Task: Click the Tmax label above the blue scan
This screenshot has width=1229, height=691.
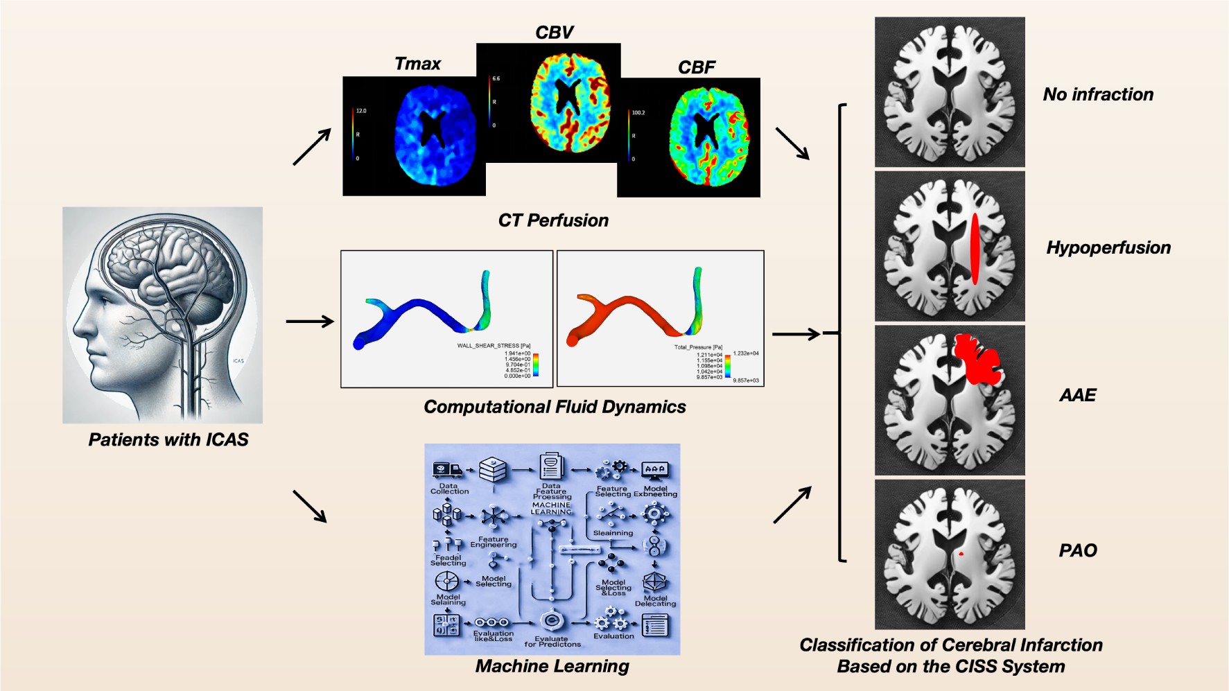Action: [x=417, y=64]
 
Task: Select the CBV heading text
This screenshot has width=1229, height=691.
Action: [x=554, y=33]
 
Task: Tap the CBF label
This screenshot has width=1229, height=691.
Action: [x=696, y=67]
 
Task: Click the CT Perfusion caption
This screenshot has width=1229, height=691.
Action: [x=553, y=220]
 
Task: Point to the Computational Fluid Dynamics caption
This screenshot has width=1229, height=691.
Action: [x=555, y=407]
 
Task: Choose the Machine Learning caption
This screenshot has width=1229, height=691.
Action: [x=552, y=666]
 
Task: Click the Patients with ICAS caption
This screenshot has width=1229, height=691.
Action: [x=168, y=439]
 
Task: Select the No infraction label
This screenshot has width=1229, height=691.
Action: [x=1098, y=94]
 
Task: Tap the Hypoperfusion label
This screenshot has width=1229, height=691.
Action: [x=1108, y=247]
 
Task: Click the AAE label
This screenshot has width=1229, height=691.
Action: [x=1077, y=395]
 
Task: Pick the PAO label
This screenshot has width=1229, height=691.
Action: [x=1078, y=550]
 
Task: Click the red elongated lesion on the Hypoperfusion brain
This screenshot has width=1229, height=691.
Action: [x=975, y=248]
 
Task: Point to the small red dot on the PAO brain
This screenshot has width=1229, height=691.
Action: [x=961, y=554]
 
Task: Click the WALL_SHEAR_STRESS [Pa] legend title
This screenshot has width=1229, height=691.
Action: [x=494, y=346]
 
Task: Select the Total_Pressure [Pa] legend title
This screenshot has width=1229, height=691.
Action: [x=698, y=347]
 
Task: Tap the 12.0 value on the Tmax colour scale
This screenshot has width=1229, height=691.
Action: [x=361, y=111]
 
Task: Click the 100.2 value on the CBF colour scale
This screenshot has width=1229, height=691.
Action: [x=638, y=112]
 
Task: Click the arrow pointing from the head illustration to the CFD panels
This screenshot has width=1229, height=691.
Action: [x=310, y=321]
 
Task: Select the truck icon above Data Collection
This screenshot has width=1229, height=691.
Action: [x=447, y=470]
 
